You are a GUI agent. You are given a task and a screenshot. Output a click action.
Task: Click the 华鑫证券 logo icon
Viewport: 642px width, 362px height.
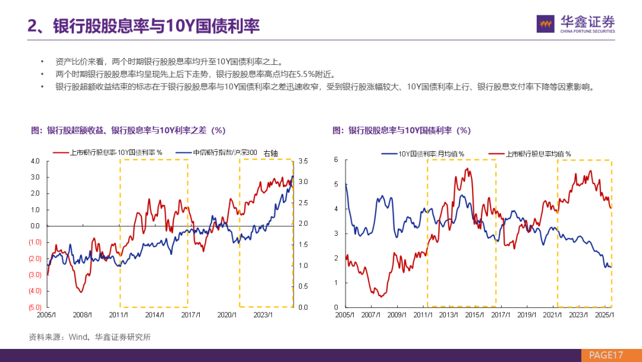546,24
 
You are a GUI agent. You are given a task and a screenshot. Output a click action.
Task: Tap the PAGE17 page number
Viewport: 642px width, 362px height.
605,355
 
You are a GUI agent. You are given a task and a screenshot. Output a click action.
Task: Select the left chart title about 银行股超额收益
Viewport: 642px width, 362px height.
128,130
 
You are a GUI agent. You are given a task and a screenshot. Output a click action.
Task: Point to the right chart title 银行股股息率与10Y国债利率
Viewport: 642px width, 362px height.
402,130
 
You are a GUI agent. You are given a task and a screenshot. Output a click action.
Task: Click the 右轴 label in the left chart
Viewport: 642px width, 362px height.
270,154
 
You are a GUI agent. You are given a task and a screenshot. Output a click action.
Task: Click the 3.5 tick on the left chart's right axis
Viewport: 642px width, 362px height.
303,161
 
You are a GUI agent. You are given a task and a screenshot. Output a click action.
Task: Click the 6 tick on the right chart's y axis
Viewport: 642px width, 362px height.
336,160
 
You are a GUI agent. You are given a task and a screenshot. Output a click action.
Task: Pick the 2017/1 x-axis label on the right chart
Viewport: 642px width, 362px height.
501,314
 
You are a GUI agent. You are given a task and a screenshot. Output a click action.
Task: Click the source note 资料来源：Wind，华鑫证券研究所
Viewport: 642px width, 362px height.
90,337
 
